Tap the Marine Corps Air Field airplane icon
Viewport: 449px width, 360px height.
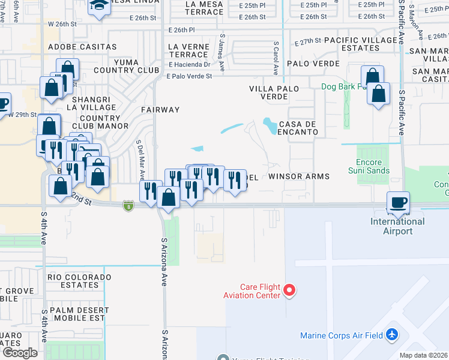tap(393, 334)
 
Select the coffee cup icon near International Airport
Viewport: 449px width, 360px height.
tap(397, 203)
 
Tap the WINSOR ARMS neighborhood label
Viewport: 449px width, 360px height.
tap(299, 176)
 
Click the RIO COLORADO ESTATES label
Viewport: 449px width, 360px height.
tap(80, 281)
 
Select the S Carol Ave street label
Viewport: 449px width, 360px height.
tap(276, 58)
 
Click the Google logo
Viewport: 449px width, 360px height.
tap(19, 353)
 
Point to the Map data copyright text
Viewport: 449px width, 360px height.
tap(424, 355)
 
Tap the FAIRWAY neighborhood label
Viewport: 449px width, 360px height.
tap(160, 110)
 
